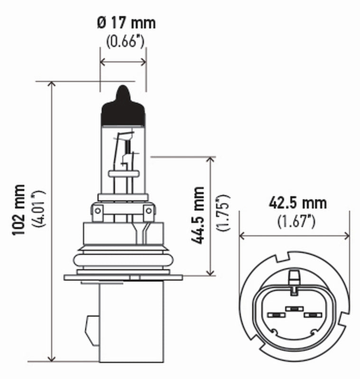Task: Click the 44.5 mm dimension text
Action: click(198, 216)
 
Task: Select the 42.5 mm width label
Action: click(297, 203)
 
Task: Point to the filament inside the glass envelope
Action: click(124, 149)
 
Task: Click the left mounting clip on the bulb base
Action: click(98, 213)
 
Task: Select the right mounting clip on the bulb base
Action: click(149, 213)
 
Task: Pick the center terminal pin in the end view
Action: click(294, 308)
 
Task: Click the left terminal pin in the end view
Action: click(275, 315)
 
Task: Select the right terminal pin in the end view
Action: click(313, 315)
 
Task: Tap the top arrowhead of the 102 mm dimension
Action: click(52, 85)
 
